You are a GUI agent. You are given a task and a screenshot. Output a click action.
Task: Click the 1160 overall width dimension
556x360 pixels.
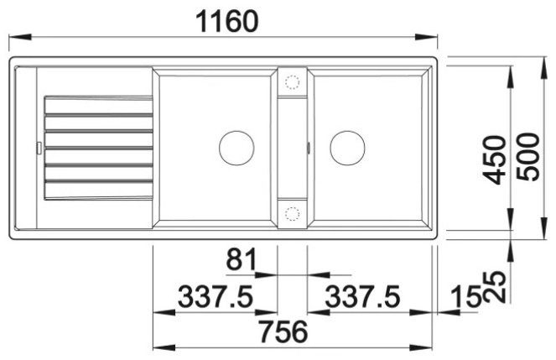click(x=227, y=21)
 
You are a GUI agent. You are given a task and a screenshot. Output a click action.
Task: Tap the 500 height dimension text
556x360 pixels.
click(x=528, y=157)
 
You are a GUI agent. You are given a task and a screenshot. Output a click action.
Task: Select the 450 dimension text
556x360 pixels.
click(x=496, y=159)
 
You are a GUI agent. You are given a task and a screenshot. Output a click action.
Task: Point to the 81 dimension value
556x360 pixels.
click(x=242, y=259)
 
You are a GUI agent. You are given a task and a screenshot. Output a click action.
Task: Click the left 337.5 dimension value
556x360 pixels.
click(x=216, y=296)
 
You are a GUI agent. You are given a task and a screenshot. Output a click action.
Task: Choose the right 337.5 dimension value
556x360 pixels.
click(x=362, y=296)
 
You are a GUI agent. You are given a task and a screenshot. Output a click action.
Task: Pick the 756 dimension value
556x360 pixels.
click(x=283, y=331)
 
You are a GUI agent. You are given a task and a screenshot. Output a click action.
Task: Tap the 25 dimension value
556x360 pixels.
click(x=496, y=287)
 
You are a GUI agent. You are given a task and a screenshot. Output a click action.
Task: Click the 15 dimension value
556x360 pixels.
click(x=465, y=297)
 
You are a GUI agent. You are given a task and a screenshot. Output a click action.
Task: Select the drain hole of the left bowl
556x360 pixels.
click(x=236, y=148)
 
